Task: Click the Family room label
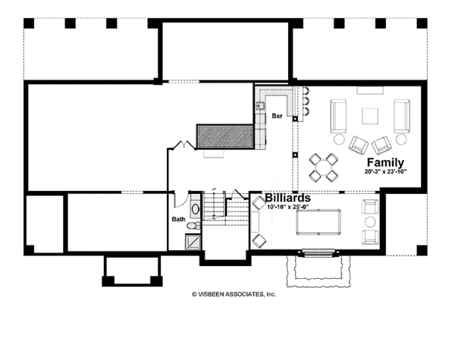click(385, 162)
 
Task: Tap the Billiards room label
click(288, 198)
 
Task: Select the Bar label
click(277, 116)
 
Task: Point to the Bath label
click(178, 219)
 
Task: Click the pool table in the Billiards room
click(318, 222)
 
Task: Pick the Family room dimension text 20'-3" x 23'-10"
click(386, 171)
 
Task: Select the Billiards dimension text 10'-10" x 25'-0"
click(287, 207)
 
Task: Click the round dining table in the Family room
click(323, 167)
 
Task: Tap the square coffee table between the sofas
click(370, 116)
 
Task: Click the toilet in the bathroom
click(193, 225)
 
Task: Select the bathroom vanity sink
click(196, 208)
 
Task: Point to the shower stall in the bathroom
click(193, 242)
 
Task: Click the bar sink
click(260, 106)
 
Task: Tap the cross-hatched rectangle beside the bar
click(225, 137)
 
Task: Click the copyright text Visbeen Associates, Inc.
click(234, 294)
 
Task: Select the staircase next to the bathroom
click(225, 208)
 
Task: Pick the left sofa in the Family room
click(338, 116)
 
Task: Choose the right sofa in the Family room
click(402, 116)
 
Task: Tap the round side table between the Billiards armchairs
click(370, 222)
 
